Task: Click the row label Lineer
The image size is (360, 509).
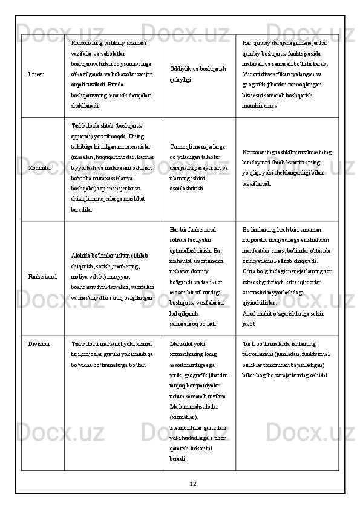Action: [x=35, y=74]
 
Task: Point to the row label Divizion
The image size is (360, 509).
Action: [x=39, y=343]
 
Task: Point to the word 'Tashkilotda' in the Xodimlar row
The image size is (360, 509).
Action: [x=86, y=126]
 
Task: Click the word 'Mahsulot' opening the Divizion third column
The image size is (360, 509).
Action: [x=182, y=343]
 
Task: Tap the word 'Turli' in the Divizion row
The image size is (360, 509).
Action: [x=247, y=343]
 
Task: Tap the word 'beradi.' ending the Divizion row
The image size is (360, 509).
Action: [x=178, y=442]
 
